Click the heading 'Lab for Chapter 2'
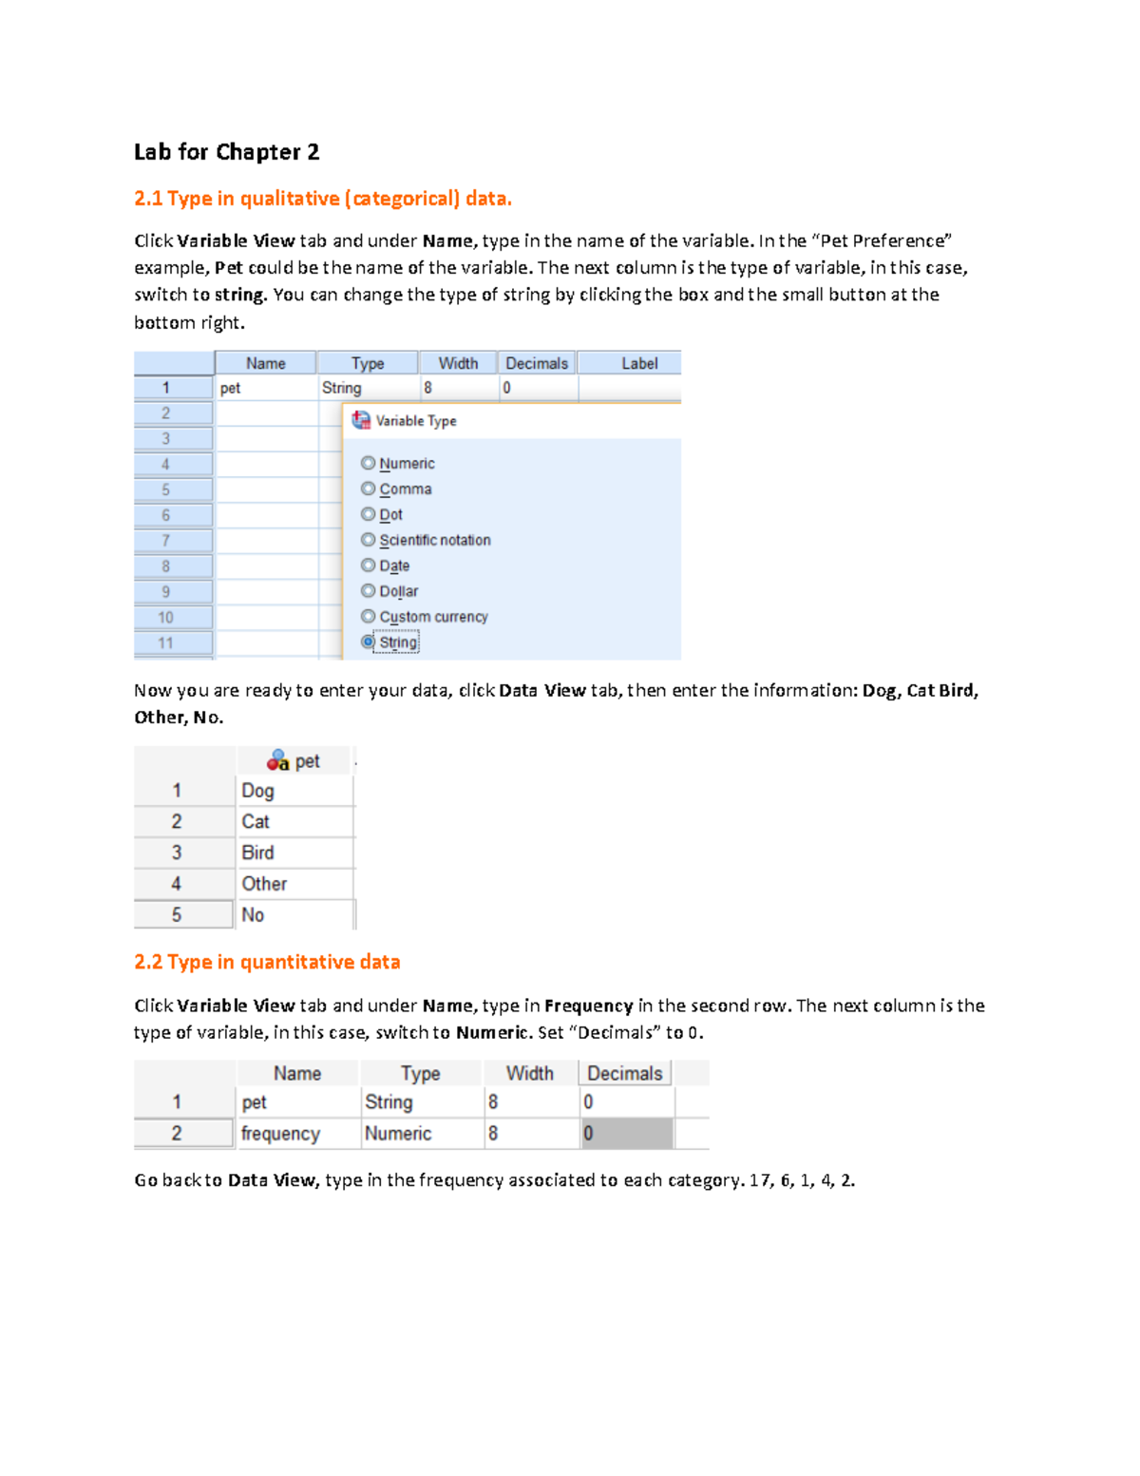(x=226, y=152)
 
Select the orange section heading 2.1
(x=322, y=199)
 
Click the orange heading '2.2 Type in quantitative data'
(x=267, y=962)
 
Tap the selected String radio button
(x=369, y=642)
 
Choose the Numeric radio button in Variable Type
(x=369, y=463)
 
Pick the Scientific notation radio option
(x=369, y=540)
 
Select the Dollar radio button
(x=369, y=591)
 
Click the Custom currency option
(x=369, y=617)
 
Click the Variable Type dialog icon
(x=361, y=420)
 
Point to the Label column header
(x=638, y=363)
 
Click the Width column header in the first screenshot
(x=458, y=363)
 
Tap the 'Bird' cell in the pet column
(x=257, y=853)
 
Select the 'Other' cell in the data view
(x=264, y=884)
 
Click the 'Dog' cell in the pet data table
(x=257, y=791)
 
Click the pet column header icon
(x=277, y=761)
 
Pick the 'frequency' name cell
(x=280, y=1134)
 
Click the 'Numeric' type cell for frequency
(x=398, y=1134)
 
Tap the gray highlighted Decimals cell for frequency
(x=626, y=1134)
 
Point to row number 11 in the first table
(x=166, y=643)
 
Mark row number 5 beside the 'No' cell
(x=177, y=915)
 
